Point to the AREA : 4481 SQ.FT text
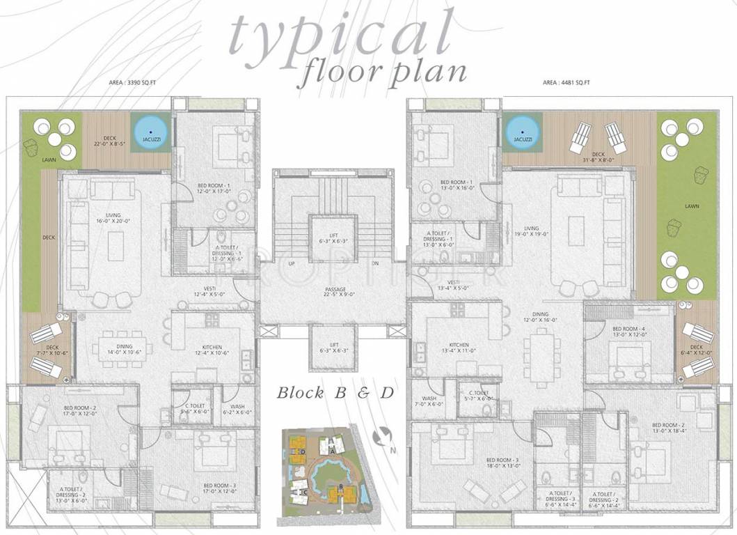(566, 83)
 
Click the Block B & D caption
(335, 393)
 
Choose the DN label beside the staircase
(376, 264)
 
